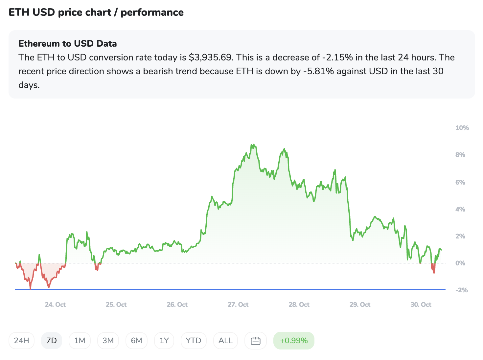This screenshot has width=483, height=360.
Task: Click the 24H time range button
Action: click(21, 341)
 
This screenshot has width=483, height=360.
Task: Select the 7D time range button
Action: click(52, 341)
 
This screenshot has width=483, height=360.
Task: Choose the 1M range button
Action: click(80, 341)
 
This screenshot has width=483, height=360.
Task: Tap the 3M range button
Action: click(108, 341)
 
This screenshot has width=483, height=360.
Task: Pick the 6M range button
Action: click(136, 341)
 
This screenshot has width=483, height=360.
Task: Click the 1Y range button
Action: click(164, 341)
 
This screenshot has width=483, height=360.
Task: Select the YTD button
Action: click(194, 341)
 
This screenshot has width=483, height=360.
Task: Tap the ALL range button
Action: click(225, 341)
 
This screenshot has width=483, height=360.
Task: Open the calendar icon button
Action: click(256, 341)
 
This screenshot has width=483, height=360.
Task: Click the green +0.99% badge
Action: click(294, 341)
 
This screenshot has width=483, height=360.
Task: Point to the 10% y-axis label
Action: click(462, 128)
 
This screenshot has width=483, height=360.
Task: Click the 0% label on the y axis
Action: click(460, 263)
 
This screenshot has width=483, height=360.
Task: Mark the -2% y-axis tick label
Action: click(461, 290)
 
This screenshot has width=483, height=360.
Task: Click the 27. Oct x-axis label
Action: click(238, 304)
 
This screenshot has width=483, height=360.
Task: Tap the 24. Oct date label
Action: click(55, 304)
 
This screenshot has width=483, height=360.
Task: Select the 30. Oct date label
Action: click(421, 304)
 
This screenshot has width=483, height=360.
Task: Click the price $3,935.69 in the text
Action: click(210, 57)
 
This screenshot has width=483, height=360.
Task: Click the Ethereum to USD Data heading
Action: click(68, 44)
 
